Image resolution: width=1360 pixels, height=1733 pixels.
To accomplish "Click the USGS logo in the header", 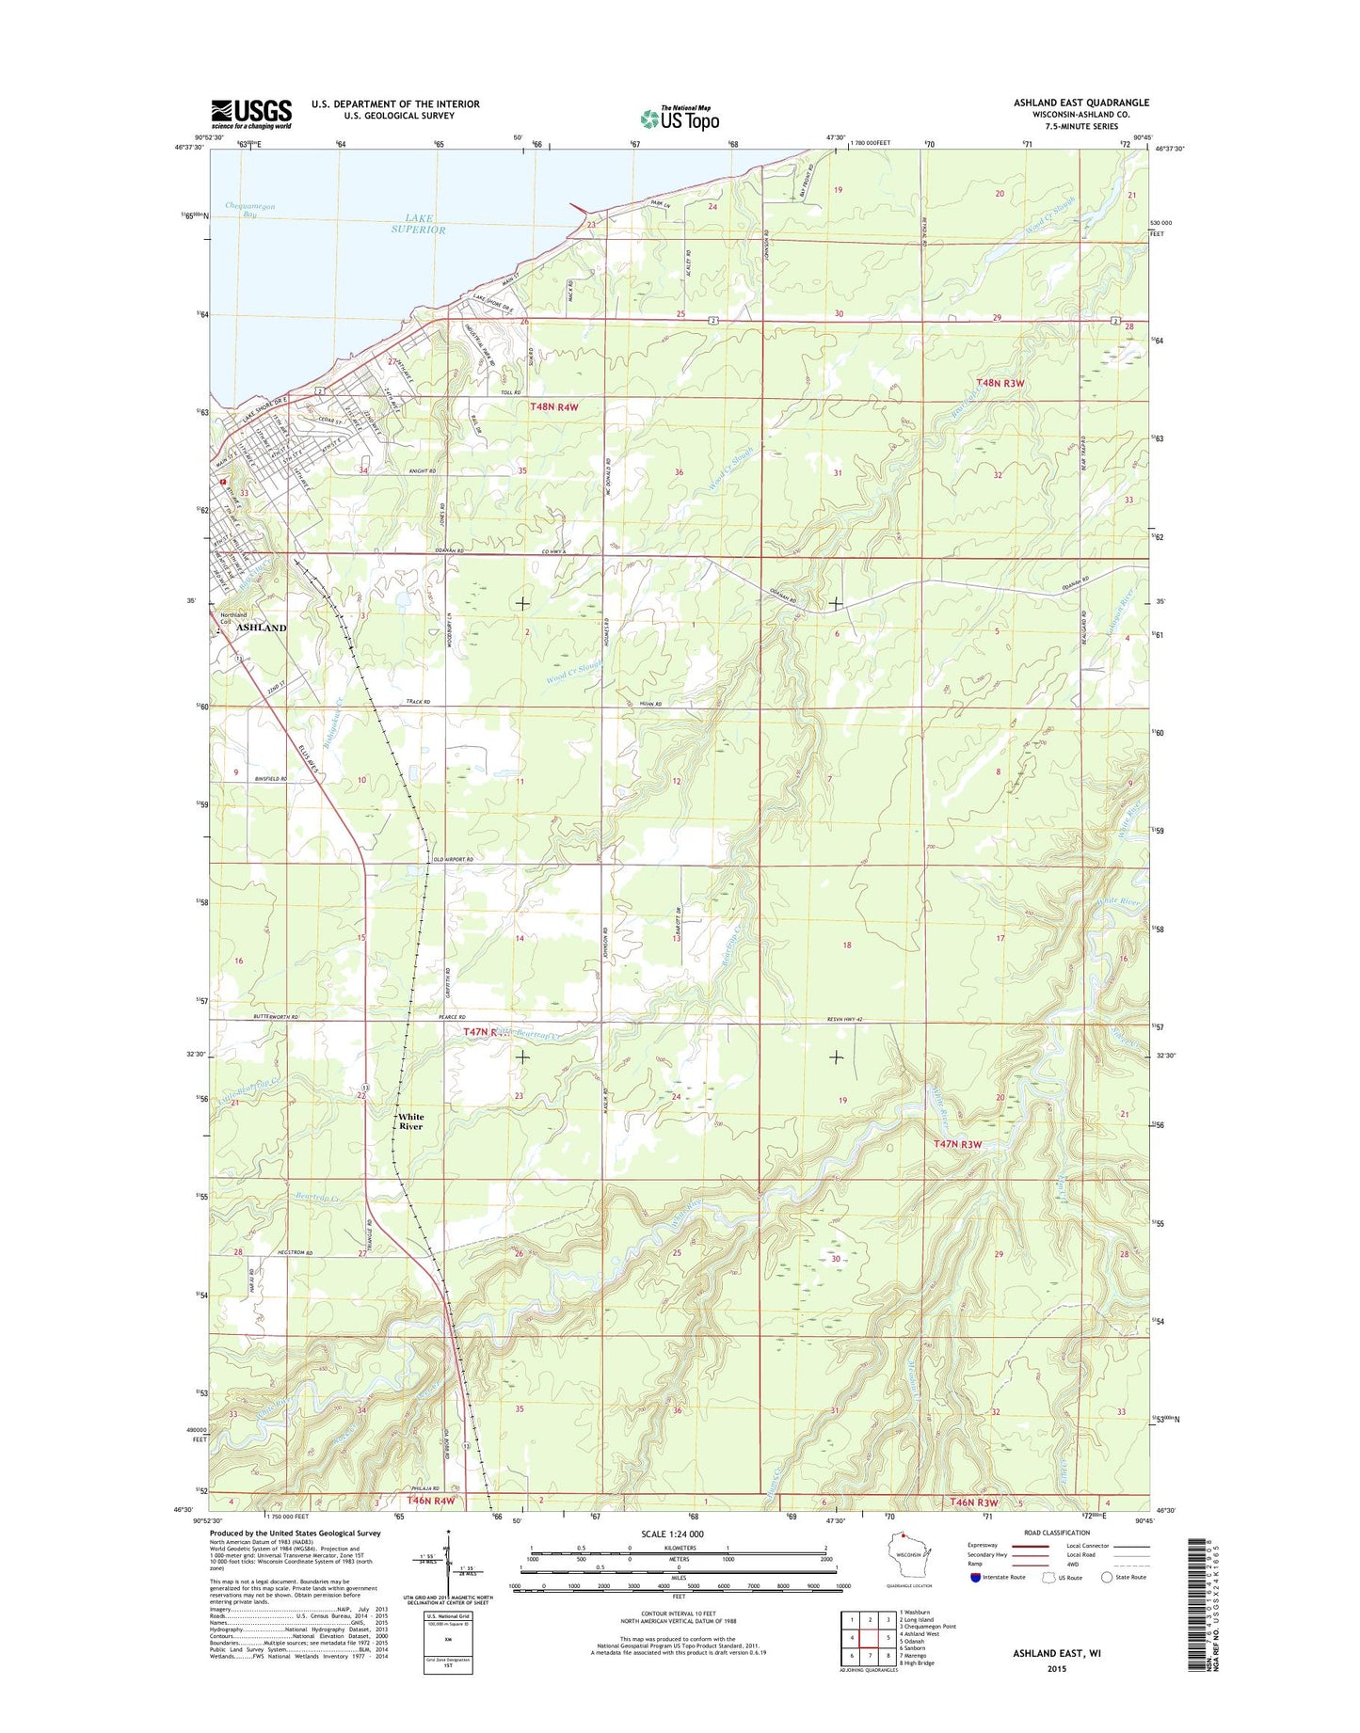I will tap(250, 114).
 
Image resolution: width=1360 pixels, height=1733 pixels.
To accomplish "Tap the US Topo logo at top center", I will tap(680, 119).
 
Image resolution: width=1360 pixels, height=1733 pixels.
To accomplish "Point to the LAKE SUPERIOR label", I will tap(419, 224).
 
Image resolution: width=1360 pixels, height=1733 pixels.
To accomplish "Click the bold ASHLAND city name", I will tap(261, 628).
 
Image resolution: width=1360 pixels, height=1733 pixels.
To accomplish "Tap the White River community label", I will tap(410, 1121).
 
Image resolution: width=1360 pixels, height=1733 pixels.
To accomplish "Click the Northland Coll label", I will tap(232, 617).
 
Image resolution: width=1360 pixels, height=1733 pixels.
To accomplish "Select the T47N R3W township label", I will tap(958, 1144).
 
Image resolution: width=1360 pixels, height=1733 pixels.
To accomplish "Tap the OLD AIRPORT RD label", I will tap(453, 859).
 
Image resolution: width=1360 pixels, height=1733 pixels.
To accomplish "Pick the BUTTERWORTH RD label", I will tap(276, 1017).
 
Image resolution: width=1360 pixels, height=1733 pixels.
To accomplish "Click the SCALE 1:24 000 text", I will tap(672, 1534).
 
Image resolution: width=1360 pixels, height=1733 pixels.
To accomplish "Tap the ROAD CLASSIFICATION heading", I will tap(1056, 1533).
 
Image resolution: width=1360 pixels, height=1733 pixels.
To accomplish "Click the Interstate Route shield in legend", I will tap(975, 1578).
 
